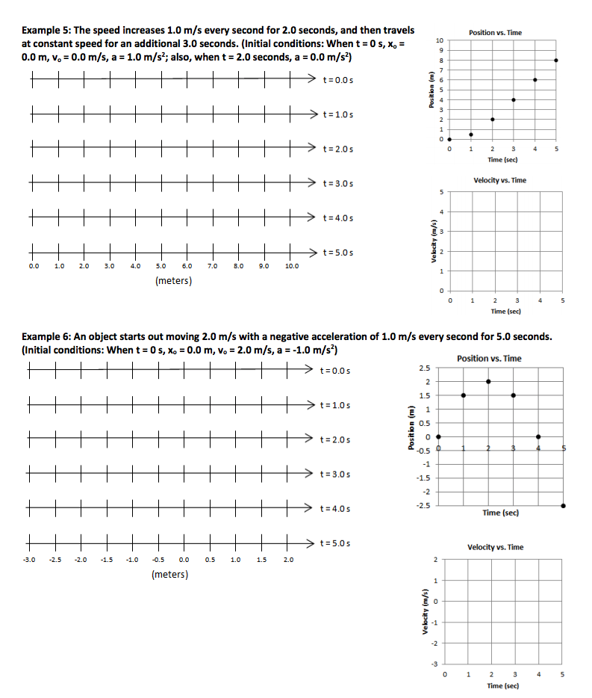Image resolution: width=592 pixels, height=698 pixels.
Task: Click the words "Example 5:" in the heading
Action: (46, 31)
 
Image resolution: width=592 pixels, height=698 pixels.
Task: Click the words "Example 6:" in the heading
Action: (46, 336)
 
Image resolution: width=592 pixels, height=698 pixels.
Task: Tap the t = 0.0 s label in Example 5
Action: (335, 79)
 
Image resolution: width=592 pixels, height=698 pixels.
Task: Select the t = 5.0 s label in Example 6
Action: (334, 543)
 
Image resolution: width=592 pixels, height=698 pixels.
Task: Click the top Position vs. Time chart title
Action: (495, 33)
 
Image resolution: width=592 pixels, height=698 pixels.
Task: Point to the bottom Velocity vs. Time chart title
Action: (495, 547)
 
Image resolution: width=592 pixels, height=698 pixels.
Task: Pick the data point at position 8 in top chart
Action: (556, 60)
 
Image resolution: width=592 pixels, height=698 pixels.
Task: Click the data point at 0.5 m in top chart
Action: (471, 135)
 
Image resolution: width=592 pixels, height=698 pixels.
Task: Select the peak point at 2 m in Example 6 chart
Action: (488, 381)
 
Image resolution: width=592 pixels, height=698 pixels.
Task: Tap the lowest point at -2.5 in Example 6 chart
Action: (563, 506)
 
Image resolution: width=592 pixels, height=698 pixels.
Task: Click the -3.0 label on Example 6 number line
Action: (30, 559)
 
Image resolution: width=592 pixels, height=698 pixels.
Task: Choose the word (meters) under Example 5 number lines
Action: (173, 281)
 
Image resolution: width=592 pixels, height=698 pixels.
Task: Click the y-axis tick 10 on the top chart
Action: (439, 40)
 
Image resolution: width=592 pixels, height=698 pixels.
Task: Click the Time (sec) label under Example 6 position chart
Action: (500, 513)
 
